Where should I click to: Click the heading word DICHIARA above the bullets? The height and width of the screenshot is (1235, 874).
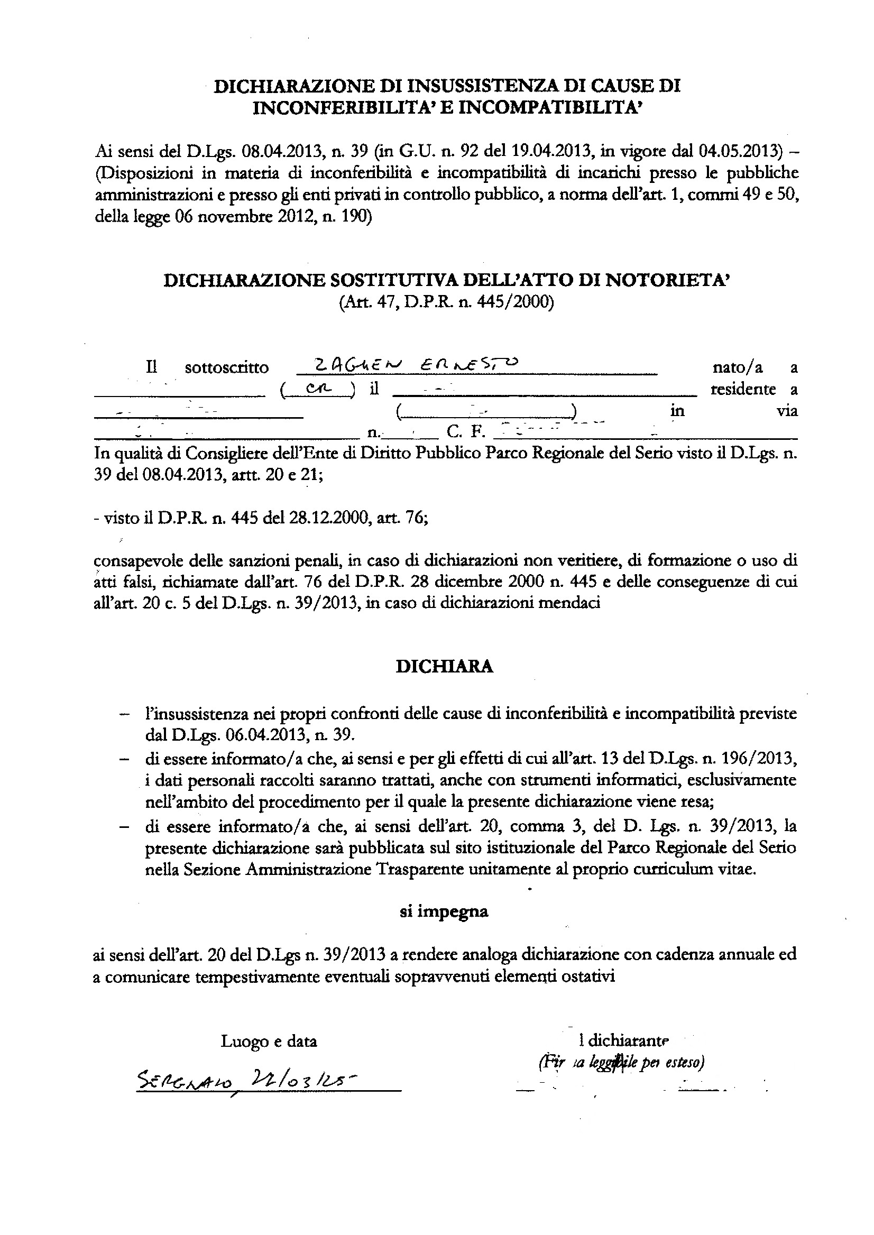tap(445, 667)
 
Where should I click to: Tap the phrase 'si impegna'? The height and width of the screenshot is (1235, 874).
tap(444, 911)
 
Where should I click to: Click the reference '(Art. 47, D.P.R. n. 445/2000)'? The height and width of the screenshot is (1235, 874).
tap(446, 302)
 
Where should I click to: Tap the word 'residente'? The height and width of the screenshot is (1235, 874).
tap(743, 389)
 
